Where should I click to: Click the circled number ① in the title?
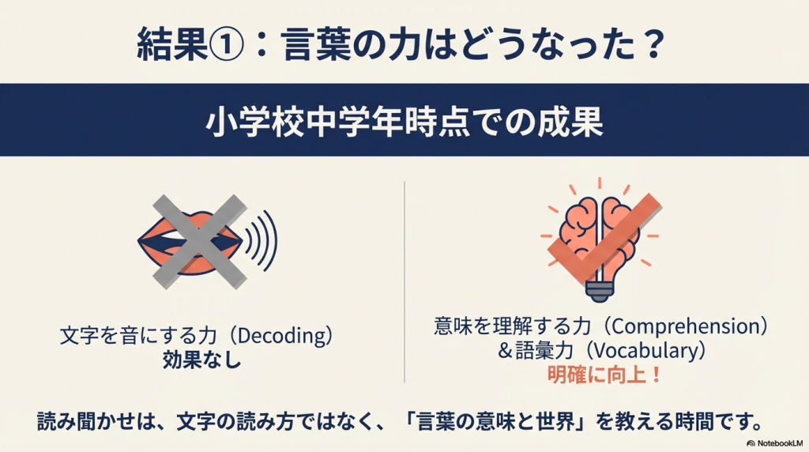226,45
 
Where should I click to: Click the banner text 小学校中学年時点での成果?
404,122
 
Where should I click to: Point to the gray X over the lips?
200,242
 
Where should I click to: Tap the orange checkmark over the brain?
603,239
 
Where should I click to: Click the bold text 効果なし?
201,360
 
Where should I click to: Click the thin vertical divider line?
404,282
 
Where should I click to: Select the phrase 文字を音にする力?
137,336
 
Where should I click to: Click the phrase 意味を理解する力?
512,326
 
